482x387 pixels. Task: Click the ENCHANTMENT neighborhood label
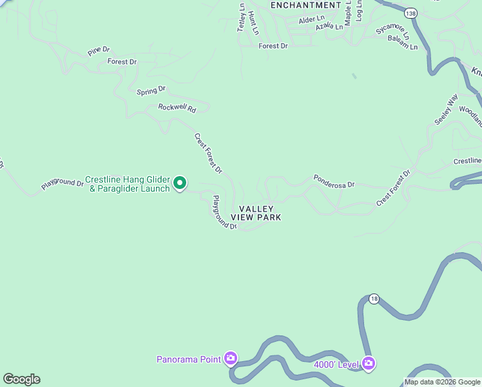305,5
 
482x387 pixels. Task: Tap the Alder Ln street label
312,19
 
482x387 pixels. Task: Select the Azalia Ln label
329,27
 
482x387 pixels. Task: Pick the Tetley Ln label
242,18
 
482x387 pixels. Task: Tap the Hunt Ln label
253,23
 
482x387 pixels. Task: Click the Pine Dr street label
99,50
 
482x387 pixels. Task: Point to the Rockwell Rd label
177,108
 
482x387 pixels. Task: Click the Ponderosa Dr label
334,181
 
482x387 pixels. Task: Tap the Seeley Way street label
445,110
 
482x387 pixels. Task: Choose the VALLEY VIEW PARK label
256,213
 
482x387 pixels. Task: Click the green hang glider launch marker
180,184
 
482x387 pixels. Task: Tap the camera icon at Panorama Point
231,359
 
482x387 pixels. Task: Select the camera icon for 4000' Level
369,364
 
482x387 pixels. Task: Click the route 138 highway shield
410,12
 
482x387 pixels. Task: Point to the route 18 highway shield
374,299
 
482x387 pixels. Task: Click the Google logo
21,379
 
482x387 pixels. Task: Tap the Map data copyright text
443,382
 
